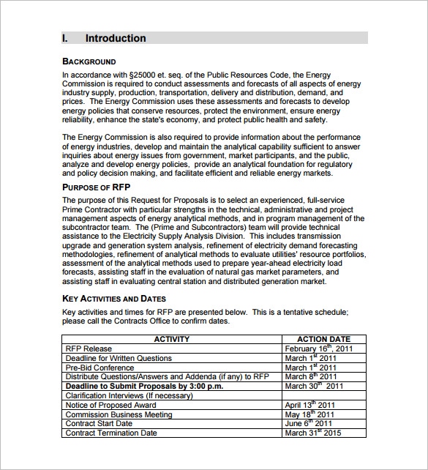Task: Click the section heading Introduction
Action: pos(116,38)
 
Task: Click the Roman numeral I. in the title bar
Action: pos(65,38)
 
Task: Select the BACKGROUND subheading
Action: pos(89,61)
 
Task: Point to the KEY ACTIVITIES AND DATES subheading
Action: pos(114,299)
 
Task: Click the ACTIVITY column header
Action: pos(172,340)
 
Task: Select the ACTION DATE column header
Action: pos(323,340)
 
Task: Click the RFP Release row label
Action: pos(89,349)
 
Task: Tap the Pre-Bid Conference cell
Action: pos(100,368)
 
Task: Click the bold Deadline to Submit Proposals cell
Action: pos(144,386)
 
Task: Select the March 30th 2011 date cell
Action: pos(314,386)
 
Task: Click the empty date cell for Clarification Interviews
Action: pos(323,395)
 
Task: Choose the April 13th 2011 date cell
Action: pos(310,405)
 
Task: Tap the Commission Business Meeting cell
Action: pos(119,414)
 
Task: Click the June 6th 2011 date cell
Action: pos(309,423)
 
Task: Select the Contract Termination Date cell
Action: pos(111,433)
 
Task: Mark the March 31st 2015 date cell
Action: pos(314,433)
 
